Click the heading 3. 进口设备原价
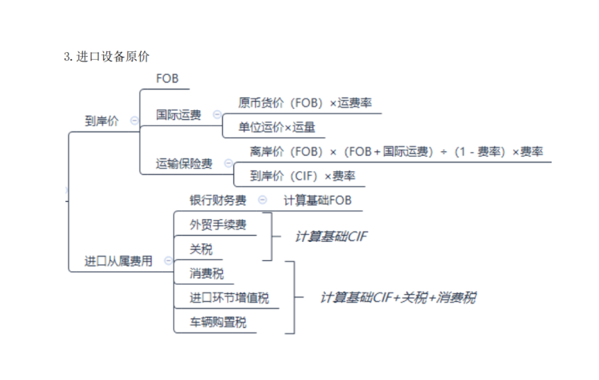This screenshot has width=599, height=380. coord(106,57)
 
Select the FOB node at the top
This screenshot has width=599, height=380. coord(167,79)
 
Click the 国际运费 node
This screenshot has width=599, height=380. coord(178,115)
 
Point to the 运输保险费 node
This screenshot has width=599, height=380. coord(184,163)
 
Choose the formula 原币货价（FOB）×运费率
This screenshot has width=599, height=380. coord(304,102)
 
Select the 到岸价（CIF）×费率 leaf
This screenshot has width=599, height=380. coord(302,176)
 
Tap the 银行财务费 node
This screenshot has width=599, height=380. coord(218,200)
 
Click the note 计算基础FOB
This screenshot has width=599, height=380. coord(318,200)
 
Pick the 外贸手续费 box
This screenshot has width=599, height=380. coord(218,225)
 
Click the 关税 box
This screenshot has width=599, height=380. coord(200,249)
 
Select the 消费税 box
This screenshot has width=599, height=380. coord(206,274)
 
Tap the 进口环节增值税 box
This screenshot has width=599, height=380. coord(229,298)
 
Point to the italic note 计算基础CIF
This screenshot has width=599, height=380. coord(332,237)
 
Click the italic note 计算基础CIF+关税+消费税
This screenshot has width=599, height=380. coord(397,297)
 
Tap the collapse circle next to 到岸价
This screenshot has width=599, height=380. coord(133,121)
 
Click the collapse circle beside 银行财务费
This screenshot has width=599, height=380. coord(262,200)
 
